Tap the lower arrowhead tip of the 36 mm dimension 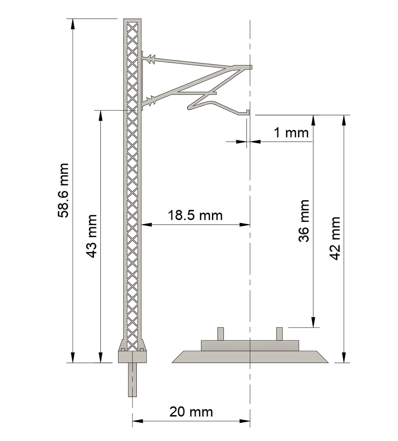click(313, 328)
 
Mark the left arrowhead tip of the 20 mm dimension click(132, 421)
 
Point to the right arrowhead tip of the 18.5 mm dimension click(250, 225)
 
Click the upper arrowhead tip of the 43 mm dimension click(101, 111)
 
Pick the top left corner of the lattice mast click(124, 19)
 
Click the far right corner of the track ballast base click(328, 363)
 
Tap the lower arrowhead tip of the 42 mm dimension click(344, 363)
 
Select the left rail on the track click(220, 334)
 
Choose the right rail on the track click(279, 334)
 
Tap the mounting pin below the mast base click(132, 380)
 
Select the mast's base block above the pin click(132, 357)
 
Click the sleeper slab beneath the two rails click(250, 346)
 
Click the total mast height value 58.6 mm click(63, 190)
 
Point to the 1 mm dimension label click(291, 132)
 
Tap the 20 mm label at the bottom click(191, 412)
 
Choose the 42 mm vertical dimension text click(334, 238)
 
